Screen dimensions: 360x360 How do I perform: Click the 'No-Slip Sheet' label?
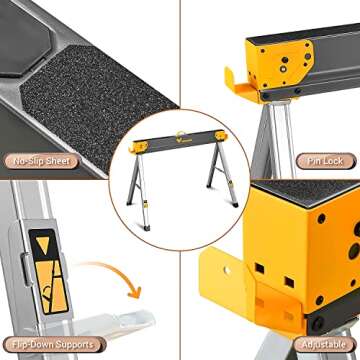(x=40, y=160)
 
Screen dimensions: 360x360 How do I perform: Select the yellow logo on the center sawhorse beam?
(x=180, y=138)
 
